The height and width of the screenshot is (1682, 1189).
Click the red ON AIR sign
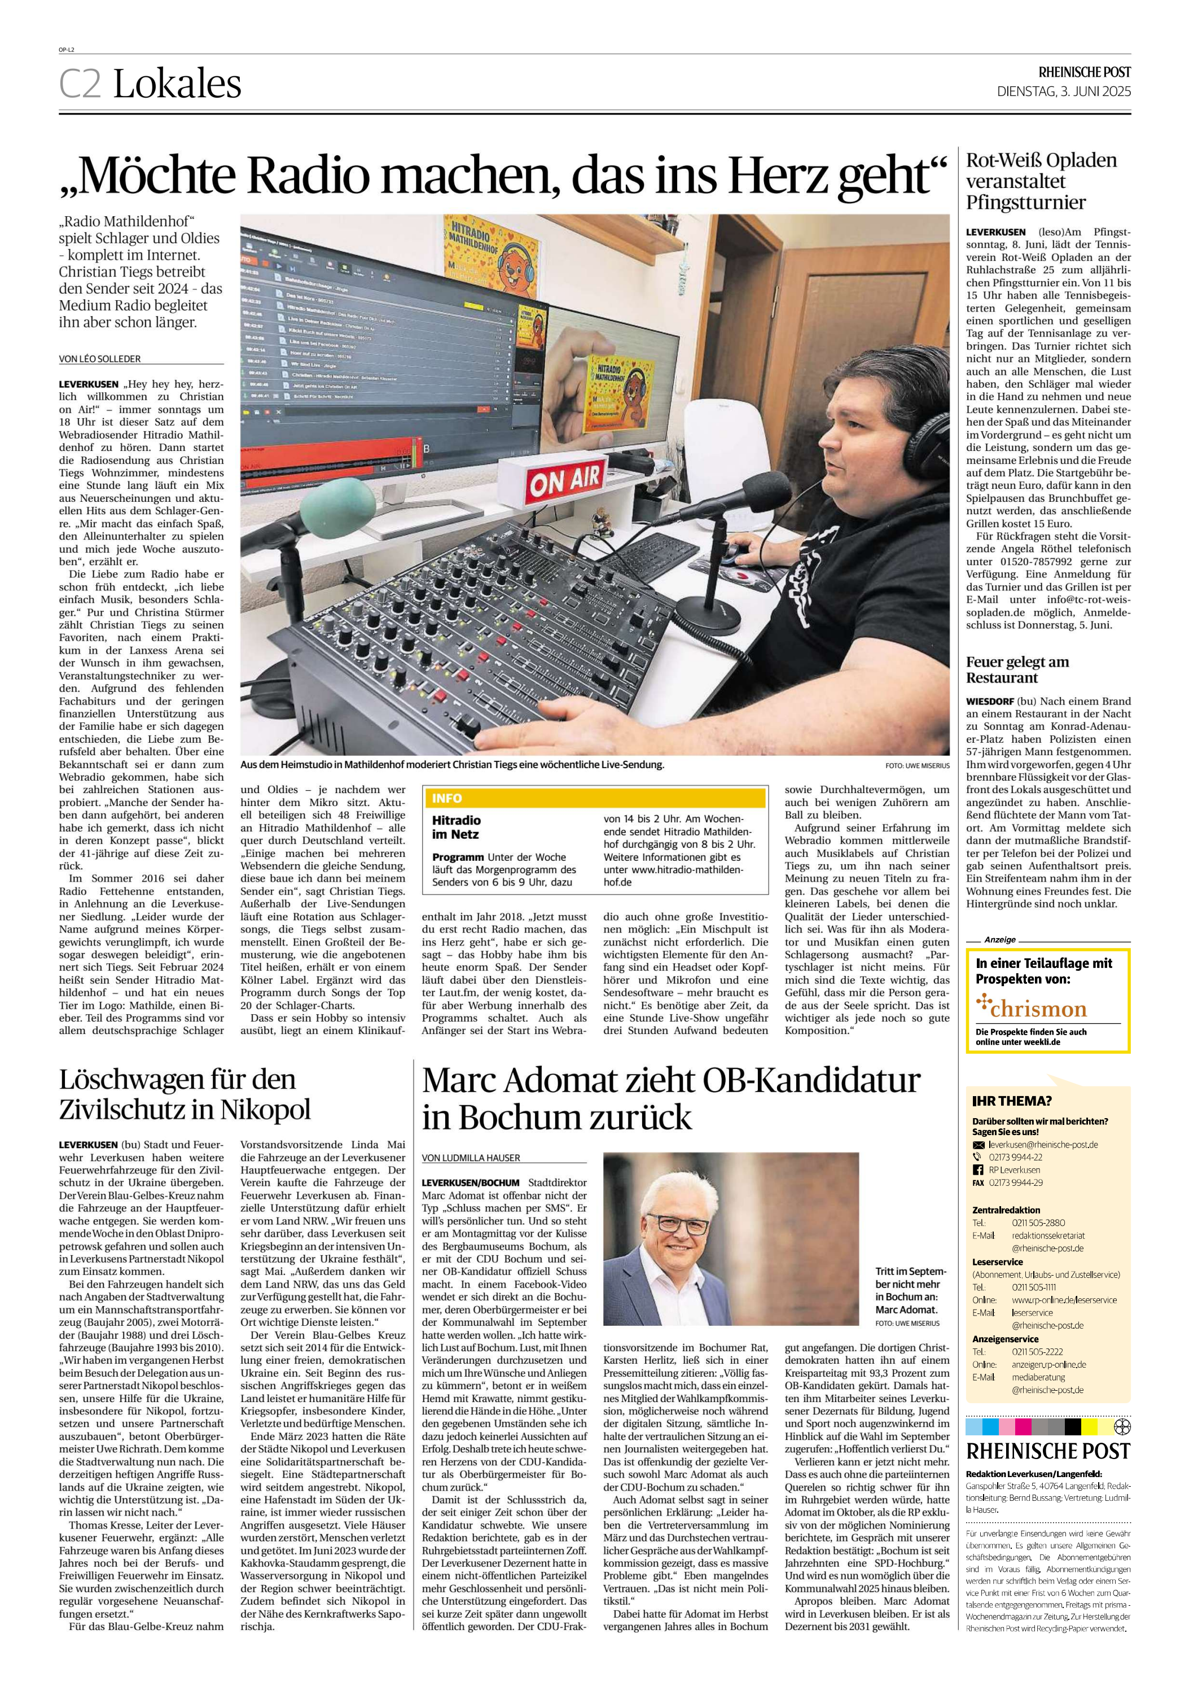tap(565, 479)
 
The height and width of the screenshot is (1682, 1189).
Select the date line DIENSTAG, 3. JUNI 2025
tap(1063, 91)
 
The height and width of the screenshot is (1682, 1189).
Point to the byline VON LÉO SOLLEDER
tap(100, 359)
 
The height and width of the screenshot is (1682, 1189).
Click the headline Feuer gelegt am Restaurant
tap(1017, 669)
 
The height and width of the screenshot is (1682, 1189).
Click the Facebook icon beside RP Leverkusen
tap(978, 1170)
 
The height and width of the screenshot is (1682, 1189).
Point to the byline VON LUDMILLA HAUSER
tap(471, 1158)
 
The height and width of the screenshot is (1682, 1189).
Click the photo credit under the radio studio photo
tap(916, 765)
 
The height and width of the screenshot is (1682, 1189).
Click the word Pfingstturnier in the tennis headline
tap(1025, 202)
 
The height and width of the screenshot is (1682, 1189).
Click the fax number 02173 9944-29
tap(1016, 1182)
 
